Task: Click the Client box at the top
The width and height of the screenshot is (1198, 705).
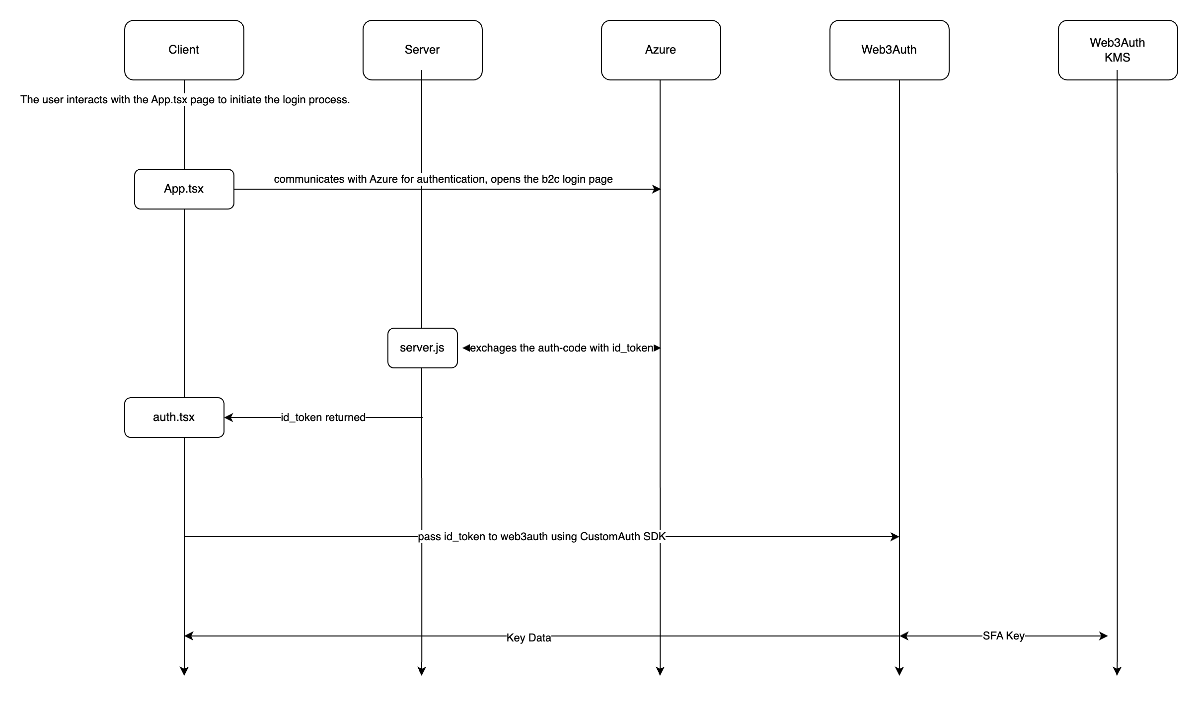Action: coord(184,50)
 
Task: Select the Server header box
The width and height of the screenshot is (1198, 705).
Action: coord(422,50)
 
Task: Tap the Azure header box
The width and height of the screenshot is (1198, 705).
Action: coord(661,50)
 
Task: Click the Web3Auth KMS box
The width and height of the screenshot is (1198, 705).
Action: coord(1118,50)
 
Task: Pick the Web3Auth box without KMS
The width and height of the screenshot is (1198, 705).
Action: coord(889,50)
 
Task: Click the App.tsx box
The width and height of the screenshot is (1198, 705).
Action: coord(184,189)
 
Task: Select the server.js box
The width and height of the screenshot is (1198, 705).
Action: coord(422,348)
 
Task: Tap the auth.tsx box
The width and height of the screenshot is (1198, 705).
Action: coord(174,417)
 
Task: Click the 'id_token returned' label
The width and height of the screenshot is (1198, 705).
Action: coord(323,418)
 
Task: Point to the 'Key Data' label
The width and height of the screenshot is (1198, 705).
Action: coord(528,638)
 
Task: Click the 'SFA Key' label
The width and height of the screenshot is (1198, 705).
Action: coord(1003,636)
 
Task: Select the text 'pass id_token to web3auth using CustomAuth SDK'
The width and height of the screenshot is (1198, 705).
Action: coord(541,537)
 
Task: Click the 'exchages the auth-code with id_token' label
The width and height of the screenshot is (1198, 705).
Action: coord(561,348)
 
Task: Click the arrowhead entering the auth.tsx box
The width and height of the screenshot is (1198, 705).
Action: coord(228,418)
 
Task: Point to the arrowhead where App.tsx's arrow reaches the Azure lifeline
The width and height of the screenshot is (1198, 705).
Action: coord(656,189)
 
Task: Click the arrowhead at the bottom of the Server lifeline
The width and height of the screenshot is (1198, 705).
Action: coord(422,671)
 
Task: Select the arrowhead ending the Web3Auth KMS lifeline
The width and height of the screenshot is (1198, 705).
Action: coord(1117,671)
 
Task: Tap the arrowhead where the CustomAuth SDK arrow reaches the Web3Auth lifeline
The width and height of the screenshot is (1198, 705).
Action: coord(895,537)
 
